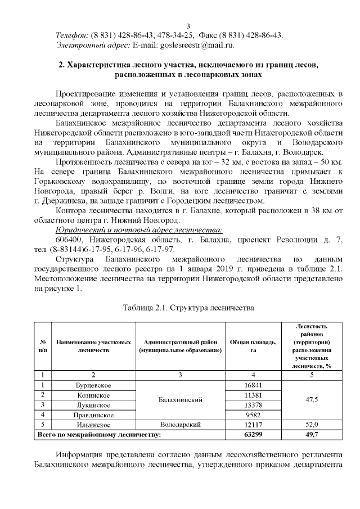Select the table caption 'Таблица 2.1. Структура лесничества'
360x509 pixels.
pos(188,308)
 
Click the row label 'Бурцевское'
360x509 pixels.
pos(93,385)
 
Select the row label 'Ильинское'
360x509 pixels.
pos(93,425)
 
